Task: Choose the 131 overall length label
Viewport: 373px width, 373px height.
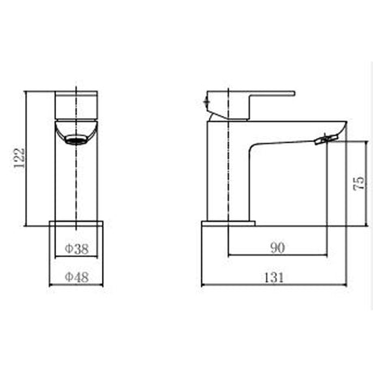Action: pos(274,277)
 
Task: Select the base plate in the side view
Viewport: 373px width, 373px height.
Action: pos(228,224)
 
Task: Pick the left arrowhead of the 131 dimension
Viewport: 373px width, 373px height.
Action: pos(204,285)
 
